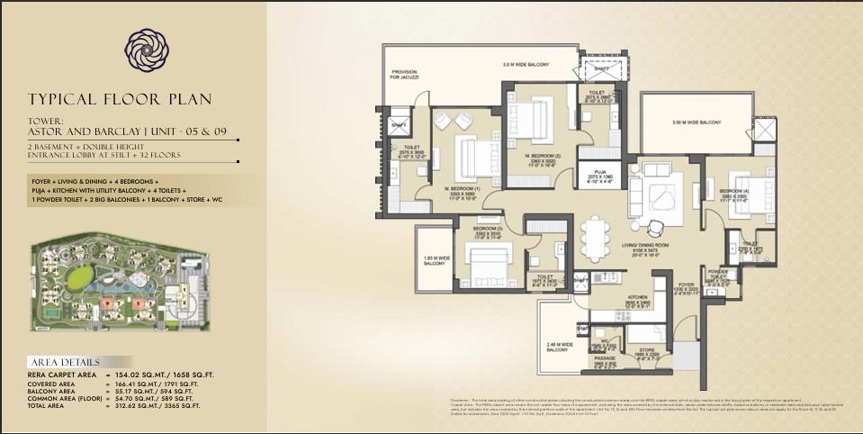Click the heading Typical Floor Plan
(130, 100)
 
